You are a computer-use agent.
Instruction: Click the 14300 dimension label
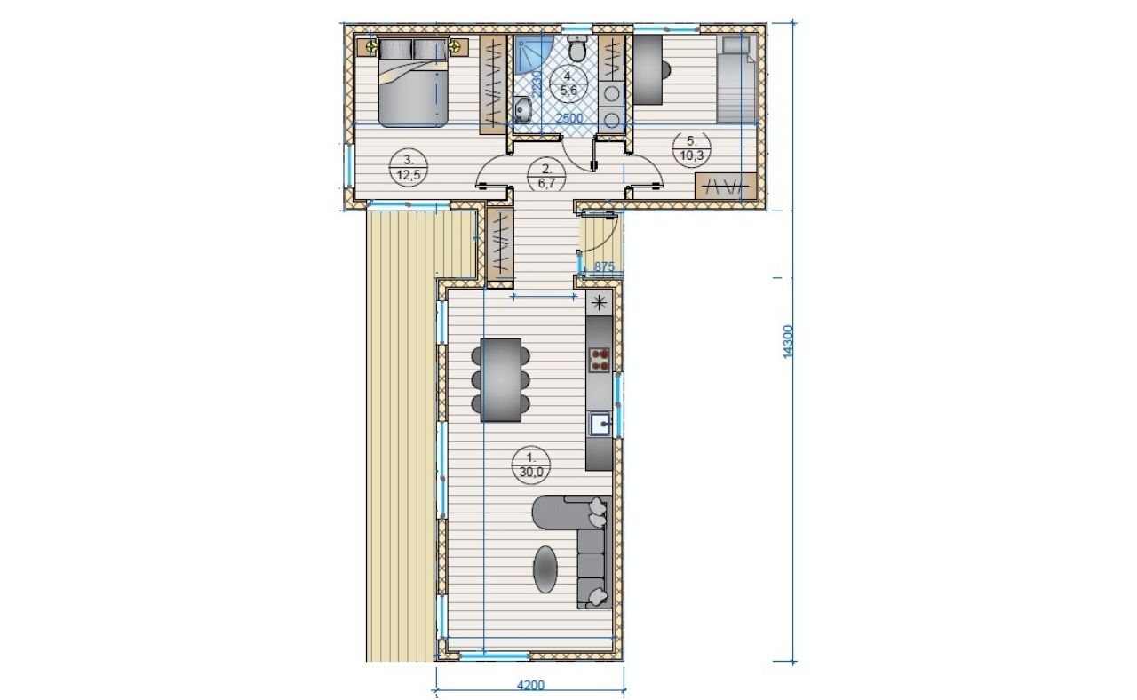click(787, 342)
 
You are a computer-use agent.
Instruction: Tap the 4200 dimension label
click(530, 685)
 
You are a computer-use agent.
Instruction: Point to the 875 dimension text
click(604, 266)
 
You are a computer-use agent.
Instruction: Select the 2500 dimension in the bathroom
click(569, 118)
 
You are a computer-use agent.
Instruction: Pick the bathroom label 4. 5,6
click(568, 84)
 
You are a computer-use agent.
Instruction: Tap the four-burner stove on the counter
click(600, 360)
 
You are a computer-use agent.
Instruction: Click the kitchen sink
click(600, 424)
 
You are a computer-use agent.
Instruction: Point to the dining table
click(500, 379)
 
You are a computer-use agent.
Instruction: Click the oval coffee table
click(545, 569)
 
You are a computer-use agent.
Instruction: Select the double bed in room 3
click(413, 82)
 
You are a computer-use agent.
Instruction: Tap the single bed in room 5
click(736, 79)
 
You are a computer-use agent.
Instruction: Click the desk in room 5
click(648, 69)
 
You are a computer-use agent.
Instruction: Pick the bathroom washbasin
click(521, 110)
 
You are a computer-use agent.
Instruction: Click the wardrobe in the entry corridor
click(500, 243)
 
